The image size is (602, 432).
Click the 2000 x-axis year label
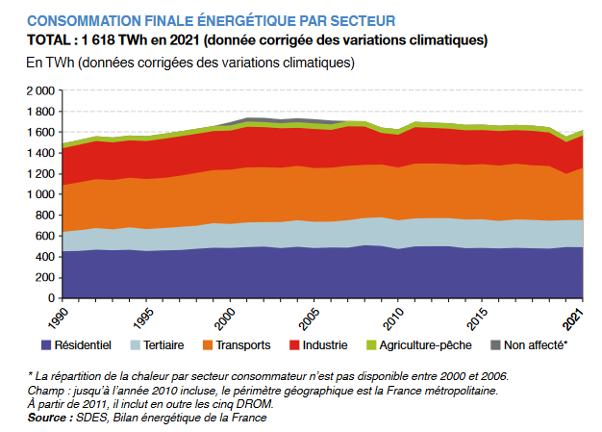[x=228, y=317]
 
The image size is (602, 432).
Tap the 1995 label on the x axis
[x=144, y=317]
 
